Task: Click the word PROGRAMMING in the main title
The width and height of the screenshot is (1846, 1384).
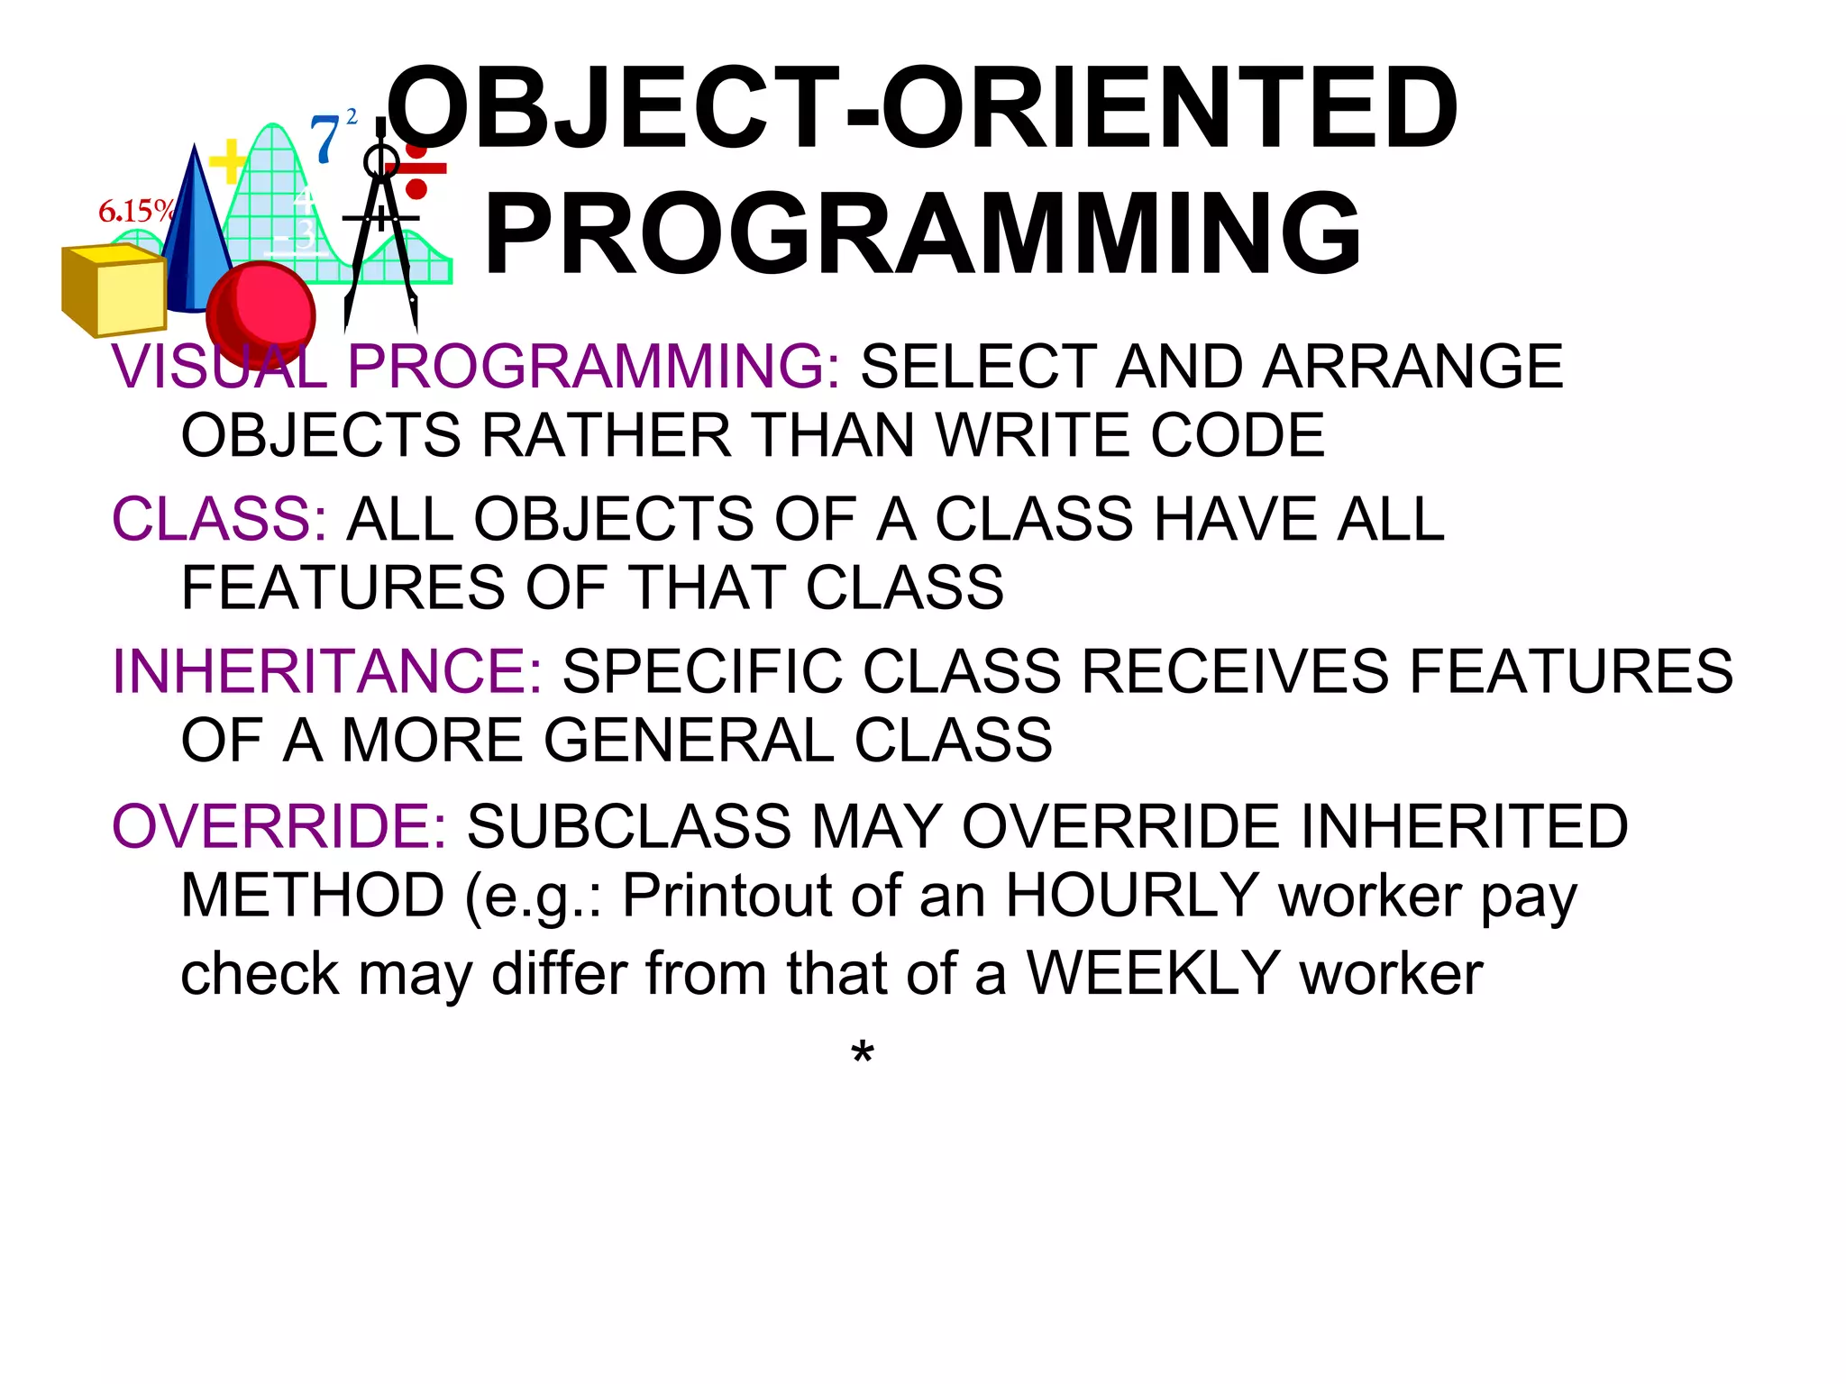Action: click(923, 234)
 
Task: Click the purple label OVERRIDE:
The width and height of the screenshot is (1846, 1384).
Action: click(279, 826)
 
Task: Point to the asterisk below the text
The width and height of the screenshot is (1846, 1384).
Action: click(862, 1052)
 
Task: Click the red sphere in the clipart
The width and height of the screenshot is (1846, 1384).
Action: click(261, 313)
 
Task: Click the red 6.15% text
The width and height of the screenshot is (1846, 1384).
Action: click(135, 212)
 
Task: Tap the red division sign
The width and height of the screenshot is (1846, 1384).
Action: click(416, 169)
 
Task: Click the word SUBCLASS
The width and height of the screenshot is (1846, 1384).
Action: click(629, 826)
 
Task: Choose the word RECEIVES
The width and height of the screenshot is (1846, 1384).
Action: click(1235, 671)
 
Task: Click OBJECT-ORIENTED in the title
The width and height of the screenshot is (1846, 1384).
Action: click(923, 108)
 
